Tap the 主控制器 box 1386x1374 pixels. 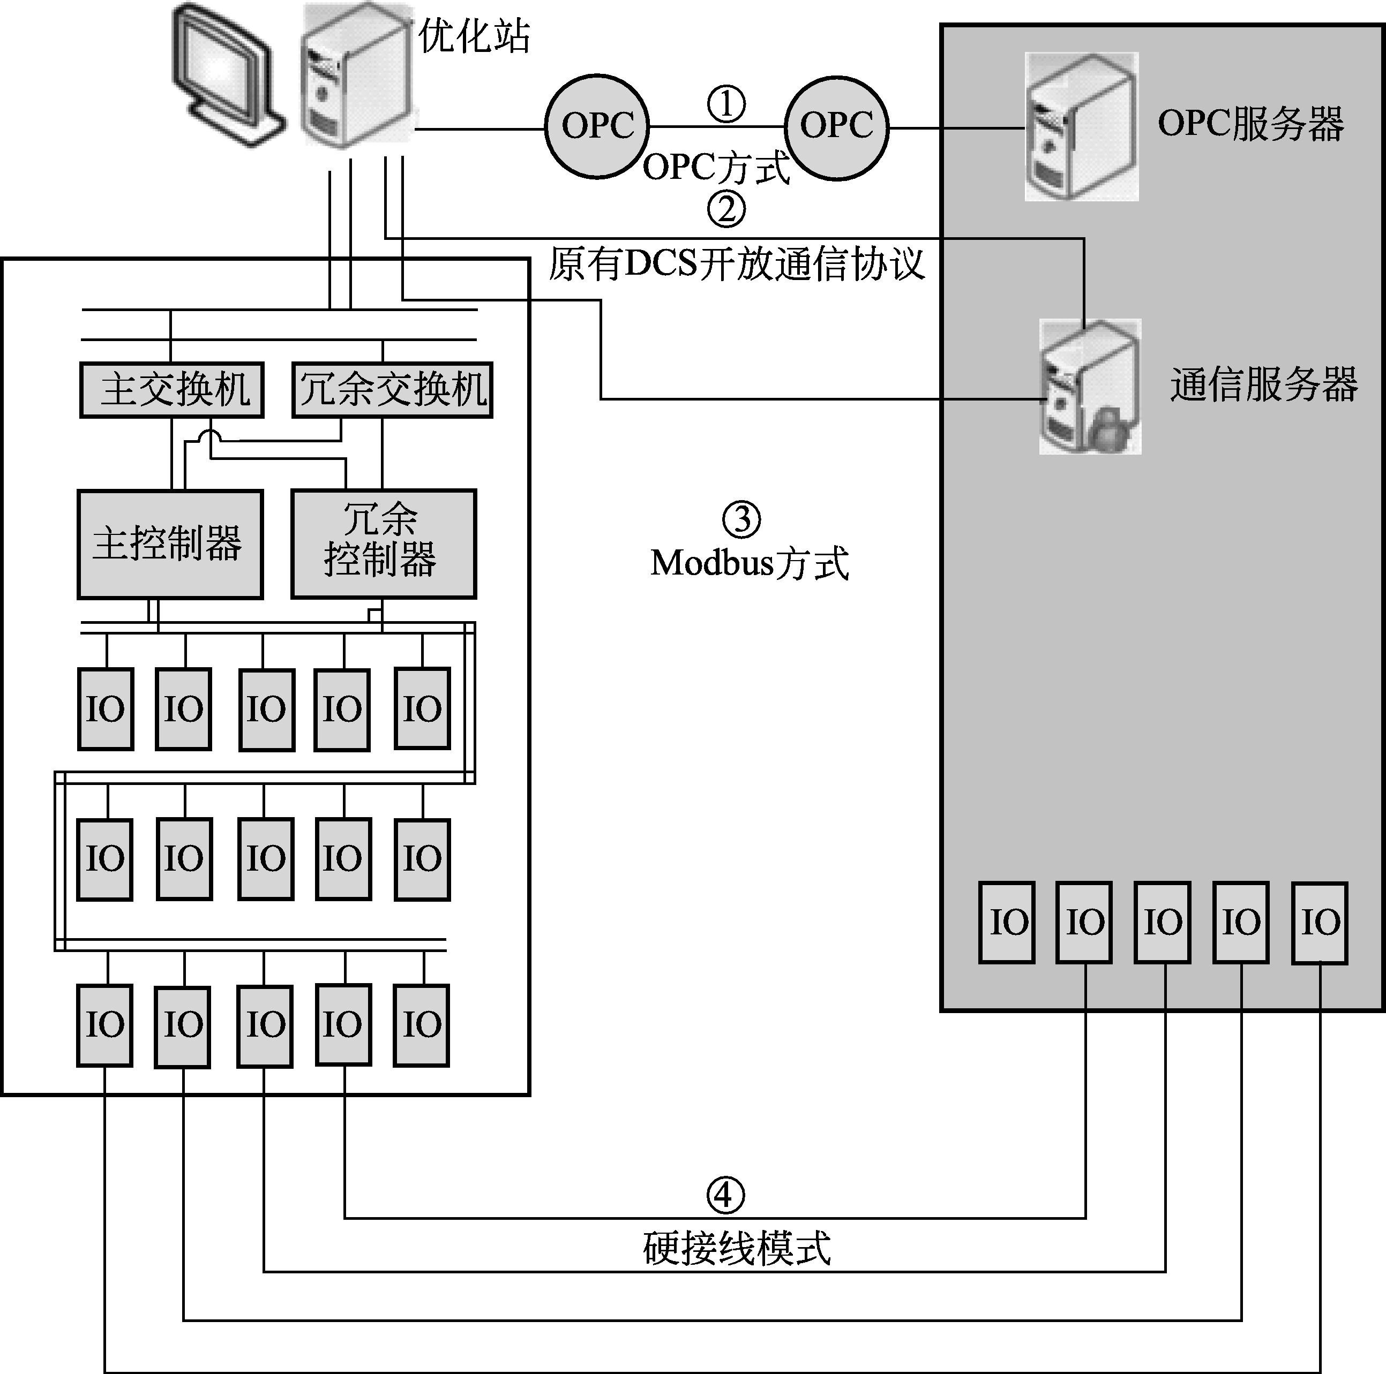point(170,543)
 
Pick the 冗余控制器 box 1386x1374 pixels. point(383,543)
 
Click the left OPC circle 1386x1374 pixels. point(597,126)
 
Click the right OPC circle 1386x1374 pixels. point(836,126)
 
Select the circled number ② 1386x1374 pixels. point(726,209)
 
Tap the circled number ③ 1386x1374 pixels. point(741,520)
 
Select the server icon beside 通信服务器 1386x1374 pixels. point(1090,387)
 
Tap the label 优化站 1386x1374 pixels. point(474,36)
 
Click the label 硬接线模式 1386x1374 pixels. point(737,1249)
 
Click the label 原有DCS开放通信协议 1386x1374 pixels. point(737,264)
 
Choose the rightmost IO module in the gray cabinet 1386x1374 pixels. point(1319,922)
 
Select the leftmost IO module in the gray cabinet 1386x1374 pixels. point(1007,922)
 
